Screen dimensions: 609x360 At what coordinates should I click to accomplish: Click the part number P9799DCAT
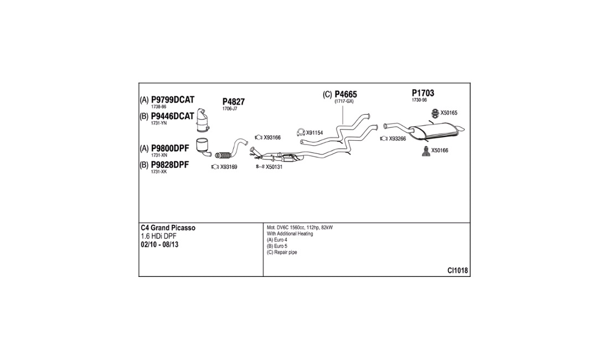click(172, 100)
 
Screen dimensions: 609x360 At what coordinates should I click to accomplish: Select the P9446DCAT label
click(172, 116)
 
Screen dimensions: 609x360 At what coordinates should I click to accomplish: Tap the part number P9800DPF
click(170, 148)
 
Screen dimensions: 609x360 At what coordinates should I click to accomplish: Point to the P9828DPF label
click(170, 164)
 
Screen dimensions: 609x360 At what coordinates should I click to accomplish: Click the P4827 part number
click(234, 102)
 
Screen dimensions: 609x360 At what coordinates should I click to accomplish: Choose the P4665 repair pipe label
click(345, 94)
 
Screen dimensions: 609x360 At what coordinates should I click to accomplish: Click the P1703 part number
click(423, 93)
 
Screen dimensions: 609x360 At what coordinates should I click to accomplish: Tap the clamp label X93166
click(272, 137)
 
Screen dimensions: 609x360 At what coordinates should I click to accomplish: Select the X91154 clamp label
click(314, 133)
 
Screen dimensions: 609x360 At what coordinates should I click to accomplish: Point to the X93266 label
click(398, 138)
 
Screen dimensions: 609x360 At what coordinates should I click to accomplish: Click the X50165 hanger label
click(448, 113)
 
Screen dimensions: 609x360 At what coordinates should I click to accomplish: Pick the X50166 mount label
click(440, 151)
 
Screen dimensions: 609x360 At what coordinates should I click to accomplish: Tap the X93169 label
click(229, 167)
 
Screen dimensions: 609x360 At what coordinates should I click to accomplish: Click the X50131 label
click(274, 167)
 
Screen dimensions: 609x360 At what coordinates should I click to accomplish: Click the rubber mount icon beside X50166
click(426, 151)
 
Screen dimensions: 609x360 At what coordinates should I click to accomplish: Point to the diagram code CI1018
click(457, 271)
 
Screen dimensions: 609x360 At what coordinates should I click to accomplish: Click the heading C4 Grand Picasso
click(168, 228)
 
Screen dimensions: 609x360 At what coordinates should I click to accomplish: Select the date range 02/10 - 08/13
click(159, 245)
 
